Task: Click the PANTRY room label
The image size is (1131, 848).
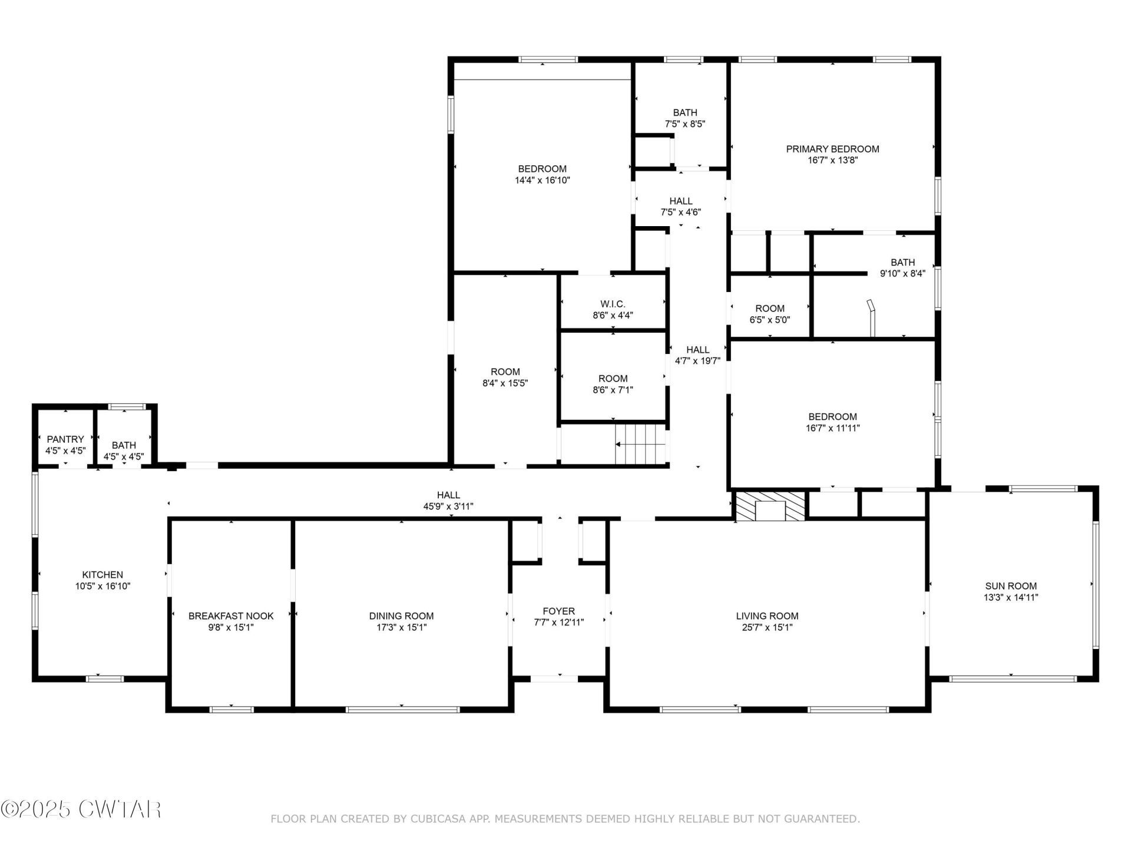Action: pos(65,439)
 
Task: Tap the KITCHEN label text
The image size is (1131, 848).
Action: pos(102,575)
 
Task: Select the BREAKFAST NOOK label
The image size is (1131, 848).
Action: pos(231,616)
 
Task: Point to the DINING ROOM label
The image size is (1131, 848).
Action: pos(402,616)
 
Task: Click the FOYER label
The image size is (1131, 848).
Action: pos(559,611)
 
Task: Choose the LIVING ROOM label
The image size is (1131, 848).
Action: pos(768,616)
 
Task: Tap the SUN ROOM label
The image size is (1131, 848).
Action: pos(1011,586)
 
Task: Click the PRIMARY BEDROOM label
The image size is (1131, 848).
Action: pos(833,149)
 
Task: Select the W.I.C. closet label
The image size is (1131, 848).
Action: pos(613,304)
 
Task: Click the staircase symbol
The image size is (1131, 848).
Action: pos(640,445)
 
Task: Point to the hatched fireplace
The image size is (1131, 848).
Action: pos(770,506)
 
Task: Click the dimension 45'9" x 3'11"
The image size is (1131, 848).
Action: pos(449,506)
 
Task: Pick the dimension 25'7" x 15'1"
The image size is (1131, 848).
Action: pos(768,628)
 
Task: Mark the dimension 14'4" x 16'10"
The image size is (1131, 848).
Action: pos(543,181)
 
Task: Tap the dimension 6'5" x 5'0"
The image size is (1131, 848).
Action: pos(770,320)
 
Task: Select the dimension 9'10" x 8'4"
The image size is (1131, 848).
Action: pos(903,274)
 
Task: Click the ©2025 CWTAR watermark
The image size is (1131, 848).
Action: pos(81,809)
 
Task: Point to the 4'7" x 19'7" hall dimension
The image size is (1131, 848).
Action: pos(698,361)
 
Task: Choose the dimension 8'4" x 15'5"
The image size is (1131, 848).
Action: pos(505,383)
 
